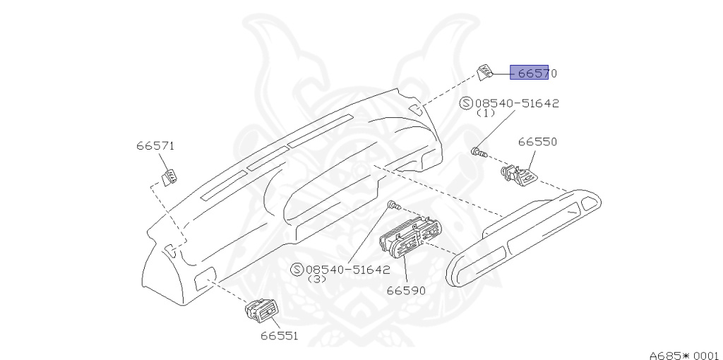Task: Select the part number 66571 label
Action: pos(155,146)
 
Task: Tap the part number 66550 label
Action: pos(537,141)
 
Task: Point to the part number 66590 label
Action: pos(406,289)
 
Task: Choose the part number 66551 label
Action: pos(278,335)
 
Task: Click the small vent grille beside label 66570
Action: pos(485,72)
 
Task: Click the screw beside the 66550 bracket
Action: pos(478,152)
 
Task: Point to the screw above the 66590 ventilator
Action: pos(394,206)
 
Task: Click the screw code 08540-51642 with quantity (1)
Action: pos(517,103)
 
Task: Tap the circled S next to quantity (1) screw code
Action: pos(467,103)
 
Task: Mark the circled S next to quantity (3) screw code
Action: pos(297,270)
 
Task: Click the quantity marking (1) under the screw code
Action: pos(486,113)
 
